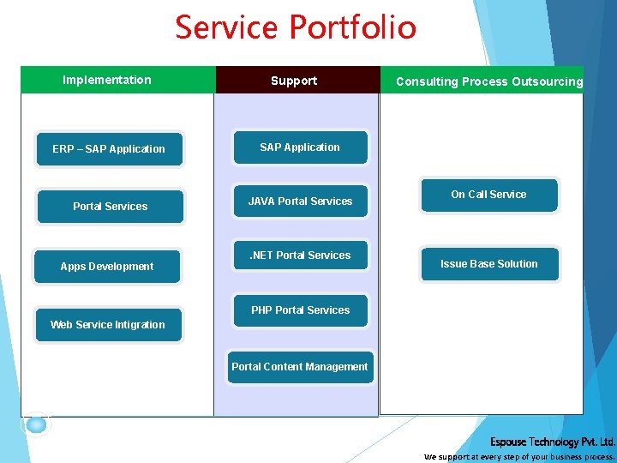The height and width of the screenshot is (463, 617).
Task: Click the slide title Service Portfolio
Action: coord(296,27)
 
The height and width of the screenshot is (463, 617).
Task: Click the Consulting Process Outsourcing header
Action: coord(488,81)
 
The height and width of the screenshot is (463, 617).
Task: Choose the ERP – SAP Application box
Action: coord(109,149)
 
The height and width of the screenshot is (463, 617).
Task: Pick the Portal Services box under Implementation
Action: coord(110,207)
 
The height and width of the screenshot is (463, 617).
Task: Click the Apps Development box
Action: coord(107,267)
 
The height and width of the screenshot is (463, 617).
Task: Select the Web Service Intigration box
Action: coord(108,325)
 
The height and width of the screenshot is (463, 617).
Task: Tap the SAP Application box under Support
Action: coord(300,147)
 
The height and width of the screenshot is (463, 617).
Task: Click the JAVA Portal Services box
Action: coord(300,201)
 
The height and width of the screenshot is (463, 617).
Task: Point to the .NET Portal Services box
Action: coord(300,256)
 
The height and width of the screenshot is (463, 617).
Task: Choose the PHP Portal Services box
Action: coord(300,310)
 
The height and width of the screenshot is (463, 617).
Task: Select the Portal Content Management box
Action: coord(300,367)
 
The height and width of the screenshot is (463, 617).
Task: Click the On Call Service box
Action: coord(488,195)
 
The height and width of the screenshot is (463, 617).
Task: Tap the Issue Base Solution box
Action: coord(489,264)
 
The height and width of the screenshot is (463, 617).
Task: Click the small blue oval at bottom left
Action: coord(36,424)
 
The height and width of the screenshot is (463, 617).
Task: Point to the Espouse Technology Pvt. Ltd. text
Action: coord(552,442)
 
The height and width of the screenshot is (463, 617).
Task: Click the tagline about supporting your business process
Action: coord(519,457)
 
